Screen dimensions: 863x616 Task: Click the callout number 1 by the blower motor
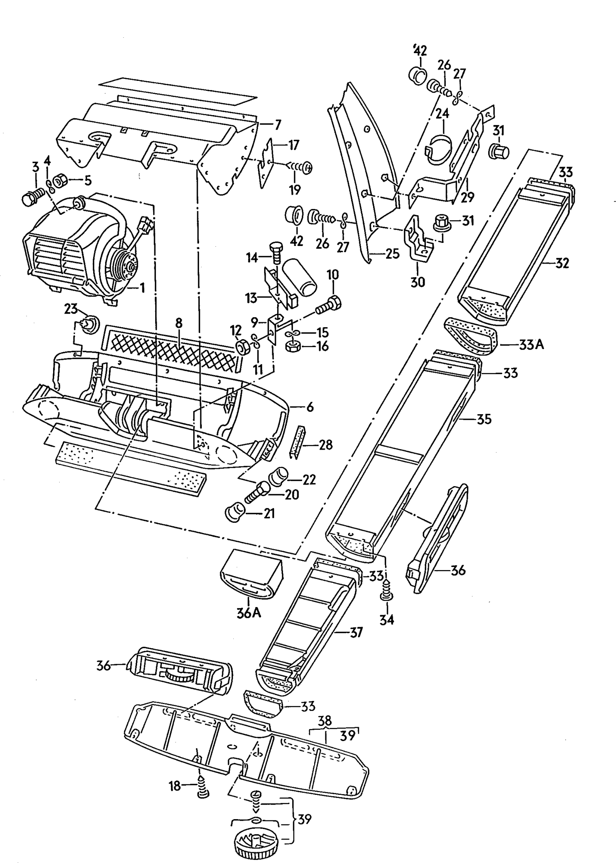[x=142, y=288]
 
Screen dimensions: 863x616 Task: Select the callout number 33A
[x=531, y=345]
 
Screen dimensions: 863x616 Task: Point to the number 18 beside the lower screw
[x=175, y=786]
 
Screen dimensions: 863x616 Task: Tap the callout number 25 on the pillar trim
[x=392, y=254]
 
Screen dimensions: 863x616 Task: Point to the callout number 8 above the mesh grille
[x=179, y=323]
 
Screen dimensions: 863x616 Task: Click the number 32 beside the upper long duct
[x=562, y=263]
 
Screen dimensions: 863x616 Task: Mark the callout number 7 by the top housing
[x=278, y=125]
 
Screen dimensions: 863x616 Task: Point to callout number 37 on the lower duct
[x=355, y=632]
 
